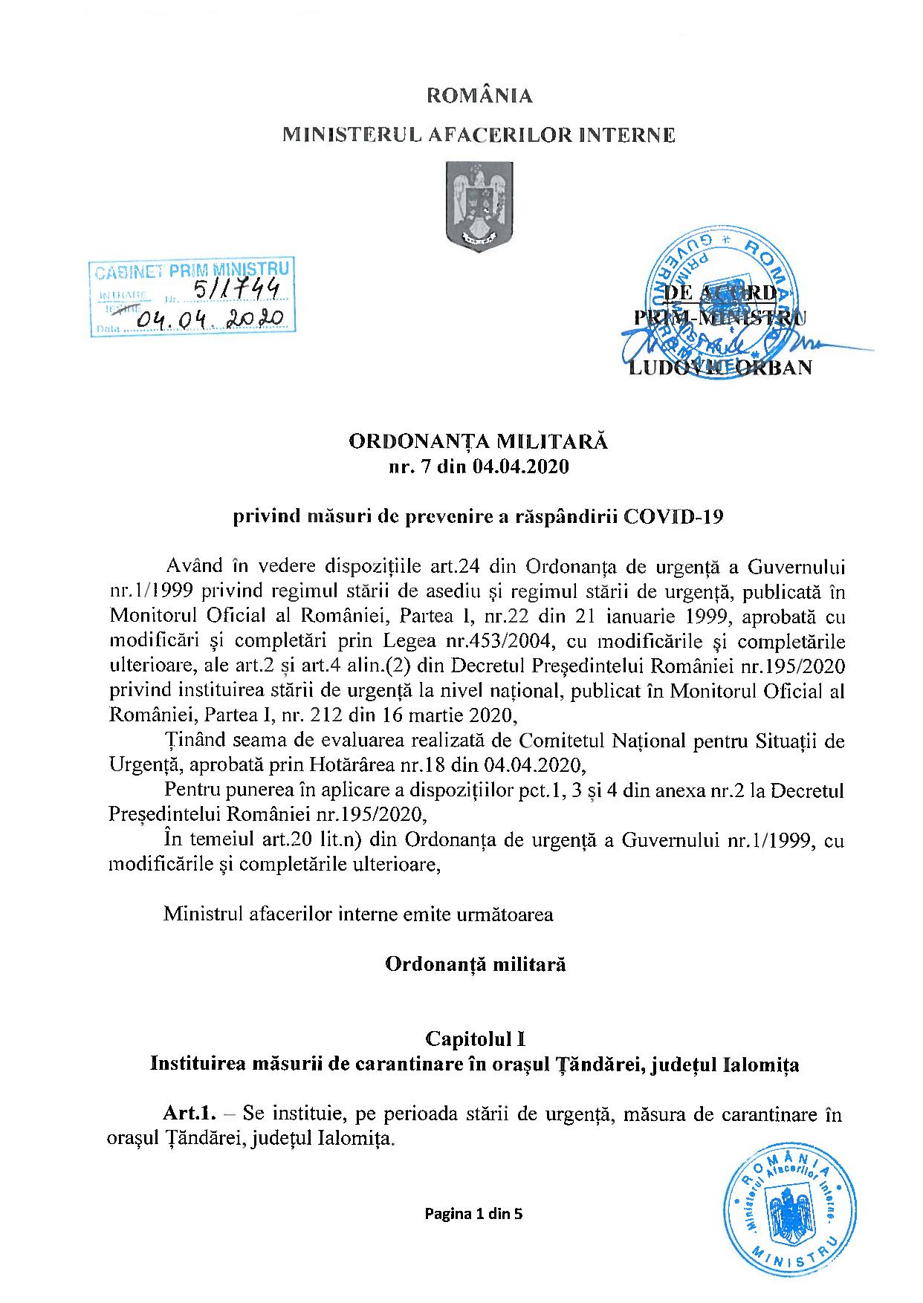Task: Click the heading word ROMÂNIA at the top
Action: coord(479,96)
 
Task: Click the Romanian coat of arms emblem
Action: coord(479,208)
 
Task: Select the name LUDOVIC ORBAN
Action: coord(720,367)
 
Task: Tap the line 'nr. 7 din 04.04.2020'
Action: coord(479,467)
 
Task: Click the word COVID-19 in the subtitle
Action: coord(673,517)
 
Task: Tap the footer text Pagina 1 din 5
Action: coord(474,1215)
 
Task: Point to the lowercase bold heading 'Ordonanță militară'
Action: coord(476,964)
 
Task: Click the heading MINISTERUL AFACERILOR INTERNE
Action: coord(479,135)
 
